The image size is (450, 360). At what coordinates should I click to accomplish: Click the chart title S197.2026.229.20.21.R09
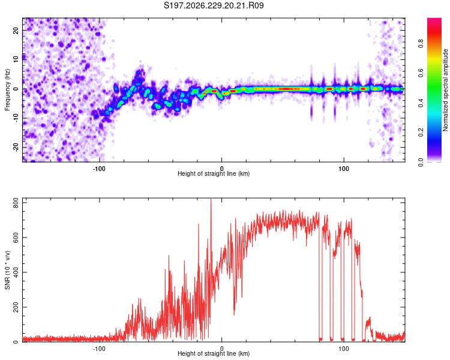pyautogui.click(x=214, y=5)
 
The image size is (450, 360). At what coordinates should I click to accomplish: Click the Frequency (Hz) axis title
pyautogui.click(x=7, y=90)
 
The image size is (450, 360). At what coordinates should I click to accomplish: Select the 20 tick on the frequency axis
pyautogui.click(x=16, y=31)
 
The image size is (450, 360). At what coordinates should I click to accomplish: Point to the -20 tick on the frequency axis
pyautogui.click(x=16, y=147)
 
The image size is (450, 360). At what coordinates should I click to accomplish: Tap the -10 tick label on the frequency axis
pyautogui.click(x=16, y=118)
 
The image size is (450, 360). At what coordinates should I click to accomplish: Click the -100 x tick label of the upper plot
pyautogui.click(x=99, y=169)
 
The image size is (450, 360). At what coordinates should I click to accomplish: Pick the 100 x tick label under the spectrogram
pyautogui.click(x=344, y=169)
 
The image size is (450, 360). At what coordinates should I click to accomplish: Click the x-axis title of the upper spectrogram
pyautogui.click(x=214, y=173)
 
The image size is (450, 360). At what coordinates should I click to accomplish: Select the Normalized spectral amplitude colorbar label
pyautogui.click(x=445, y=90)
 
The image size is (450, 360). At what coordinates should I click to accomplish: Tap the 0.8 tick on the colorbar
pyautogui.click(x=421, y=44)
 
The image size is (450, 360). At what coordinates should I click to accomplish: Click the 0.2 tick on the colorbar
pyautogui.click(x=421, y=133)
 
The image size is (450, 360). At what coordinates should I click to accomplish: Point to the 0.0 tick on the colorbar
pyautogui.click(x=421, y=162)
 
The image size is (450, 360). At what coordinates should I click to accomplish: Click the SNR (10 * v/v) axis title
pyautogui.click(x=7, y=270)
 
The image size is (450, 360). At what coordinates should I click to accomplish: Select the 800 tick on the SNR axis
pyautogui.click(x=16, y=204)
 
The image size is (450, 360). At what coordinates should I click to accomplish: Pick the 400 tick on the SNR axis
pyautogui.click(x=16, y=272)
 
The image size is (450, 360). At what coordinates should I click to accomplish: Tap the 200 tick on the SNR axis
pyautogui.click(x=16, y=307)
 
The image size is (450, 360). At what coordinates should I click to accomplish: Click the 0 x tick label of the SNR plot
pyautogui.click(x=221, y=349)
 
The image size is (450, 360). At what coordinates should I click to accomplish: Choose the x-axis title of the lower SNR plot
pyautogui.click(x=214, y=353)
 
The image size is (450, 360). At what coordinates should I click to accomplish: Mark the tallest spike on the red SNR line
pyautogui.click(x=211, y=199)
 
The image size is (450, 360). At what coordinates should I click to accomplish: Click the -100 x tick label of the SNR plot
pyautogui.click(x=99, y=349)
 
